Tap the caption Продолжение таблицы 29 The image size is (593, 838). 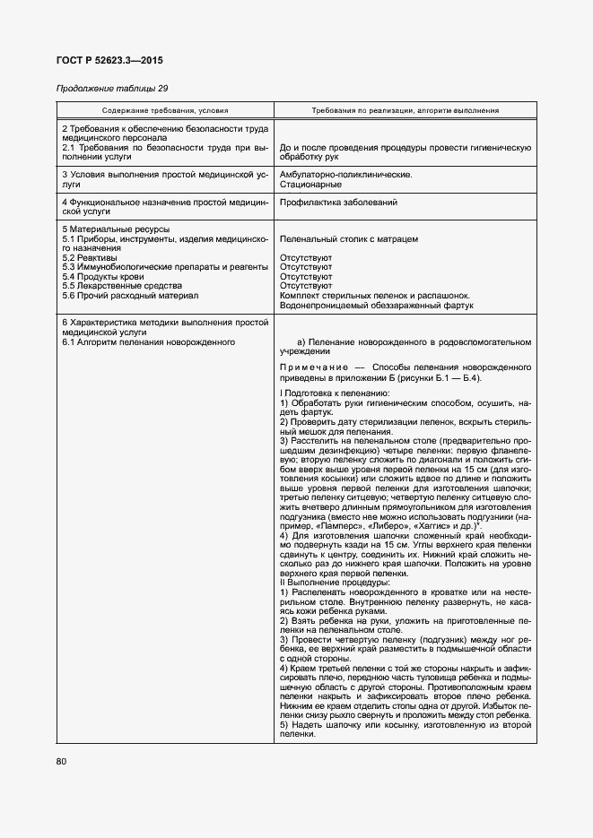tap(112, 88)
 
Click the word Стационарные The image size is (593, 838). tap(310, 185)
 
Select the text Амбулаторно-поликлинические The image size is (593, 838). tap(346, 174)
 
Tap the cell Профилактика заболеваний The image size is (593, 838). tap(338, 203)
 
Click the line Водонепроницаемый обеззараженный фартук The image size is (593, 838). tap(377, 306)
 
